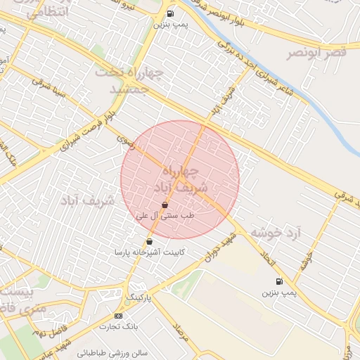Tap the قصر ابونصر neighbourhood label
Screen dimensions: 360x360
[317, 53]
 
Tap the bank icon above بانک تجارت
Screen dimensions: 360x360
[117, 316]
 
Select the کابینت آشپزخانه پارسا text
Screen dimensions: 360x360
[148, 252]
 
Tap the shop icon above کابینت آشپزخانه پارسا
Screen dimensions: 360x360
[149, 242]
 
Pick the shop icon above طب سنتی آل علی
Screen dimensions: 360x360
[165, 205]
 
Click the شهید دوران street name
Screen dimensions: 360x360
[222, 250]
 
